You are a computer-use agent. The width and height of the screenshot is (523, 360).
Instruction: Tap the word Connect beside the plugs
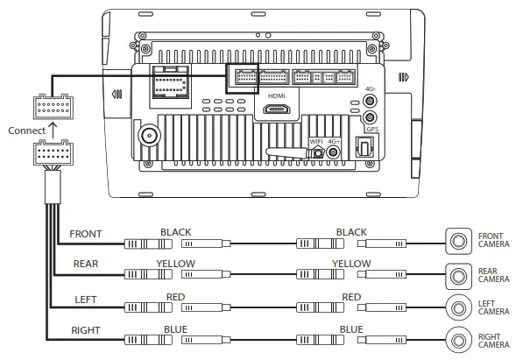(25, 131)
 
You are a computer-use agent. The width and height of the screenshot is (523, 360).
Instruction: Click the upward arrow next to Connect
(53, 131)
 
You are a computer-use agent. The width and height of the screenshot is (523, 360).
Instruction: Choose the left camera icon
(457, 308)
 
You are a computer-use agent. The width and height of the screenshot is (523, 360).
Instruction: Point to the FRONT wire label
(85, 234)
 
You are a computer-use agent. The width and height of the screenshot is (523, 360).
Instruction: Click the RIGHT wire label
(85, 331)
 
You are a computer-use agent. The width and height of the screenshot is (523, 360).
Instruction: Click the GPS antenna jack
(370, 117)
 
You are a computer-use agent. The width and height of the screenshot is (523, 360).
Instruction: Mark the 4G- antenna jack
(370, 102)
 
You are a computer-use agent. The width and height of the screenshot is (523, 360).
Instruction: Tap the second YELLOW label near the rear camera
(351, 263)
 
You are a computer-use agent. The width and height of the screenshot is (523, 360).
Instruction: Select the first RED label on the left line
(175, 297)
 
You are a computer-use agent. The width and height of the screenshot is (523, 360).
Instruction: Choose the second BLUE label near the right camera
(351, 329)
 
